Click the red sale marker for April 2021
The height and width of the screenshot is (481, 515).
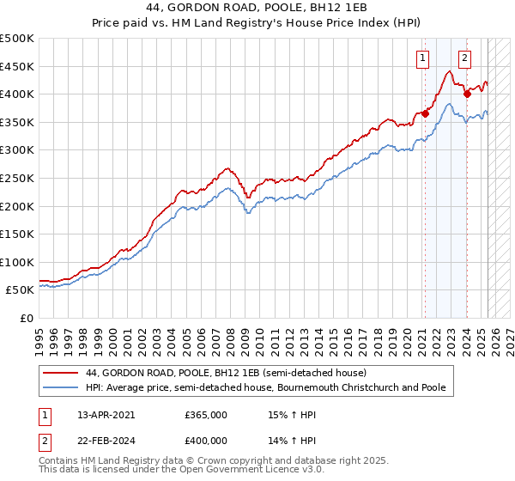(x=426, y=113)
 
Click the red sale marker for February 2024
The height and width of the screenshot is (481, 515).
(x=467, y=93)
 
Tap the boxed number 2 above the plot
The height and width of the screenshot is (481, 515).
(x=464, y=58)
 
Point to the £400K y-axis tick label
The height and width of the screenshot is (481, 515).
(x=17, y=94)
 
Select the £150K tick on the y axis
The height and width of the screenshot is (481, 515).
(x=17, y=234)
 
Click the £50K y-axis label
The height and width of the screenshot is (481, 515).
(x=21, y=290)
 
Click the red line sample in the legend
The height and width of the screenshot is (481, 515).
(x=60, y=374)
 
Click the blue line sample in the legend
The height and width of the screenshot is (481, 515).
(x=60, y=387)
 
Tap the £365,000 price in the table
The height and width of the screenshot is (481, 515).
(x=206, y=415)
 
